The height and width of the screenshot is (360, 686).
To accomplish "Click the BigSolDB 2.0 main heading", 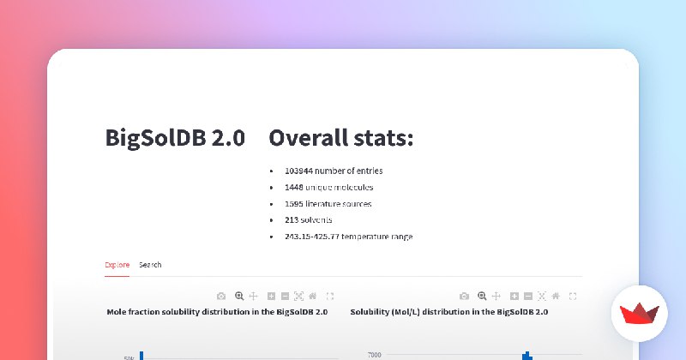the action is (x=175, y=138).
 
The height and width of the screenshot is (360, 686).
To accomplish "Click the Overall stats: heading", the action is (x=341, y=138).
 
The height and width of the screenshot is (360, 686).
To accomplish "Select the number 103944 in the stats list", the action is (x=298, y=171).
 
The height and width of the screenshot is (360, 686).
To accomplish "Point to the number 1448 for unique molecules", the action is (x=294, y=187).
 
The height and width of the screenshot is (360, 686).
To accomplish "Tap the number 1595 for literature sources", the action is (x=294, y=204).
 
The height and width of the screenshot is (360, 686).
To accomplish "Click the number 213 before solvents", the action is (x=292, y=220).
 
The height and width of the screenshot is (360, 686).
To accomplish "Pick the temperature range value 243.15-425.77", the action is (x=312, y=237).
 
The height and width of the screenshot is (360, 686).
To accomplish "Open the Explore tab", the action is (x=117, y=265).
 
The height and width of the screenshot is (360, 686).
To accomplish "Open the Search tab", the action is (x=150, y=265).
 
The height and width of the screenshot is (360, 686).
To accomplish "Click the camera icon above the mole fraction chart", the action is (x=221, y=296).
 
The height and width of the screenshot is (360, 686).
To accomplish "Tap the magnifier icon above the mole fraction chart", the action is (x=239, y=296).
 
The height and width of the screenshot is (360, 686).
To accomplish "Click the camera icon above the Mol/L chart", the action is (x=464, y=296).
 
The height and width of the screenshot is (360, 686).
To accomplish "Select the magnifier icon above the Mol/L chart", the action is (x=482, y=296).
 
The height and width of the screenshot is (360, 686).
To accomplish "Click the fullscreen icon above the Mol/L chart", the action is (x=573, y=296).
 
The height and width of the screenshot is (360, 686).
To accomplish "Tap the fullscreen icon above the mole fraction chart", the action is (x=330, y=296).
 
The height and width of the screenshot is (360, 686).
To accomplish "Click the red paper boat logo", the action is (x=639, y=313).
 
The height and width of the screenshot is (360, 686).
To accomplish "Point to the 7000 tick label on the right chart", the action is (x=375, y=355).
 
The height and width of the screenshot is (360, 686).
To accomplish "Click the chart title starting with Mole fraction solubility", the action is (x=217, y=312).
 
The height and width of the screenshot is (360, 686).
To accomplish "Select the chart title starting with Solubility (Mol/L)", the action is (x=449, y=312).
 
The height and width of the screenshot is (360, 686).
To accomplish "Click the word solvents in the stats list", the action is (x=316, y=220).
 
